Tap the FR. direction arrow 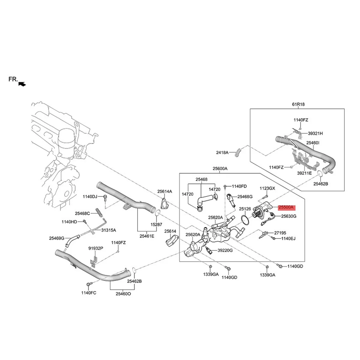[x=22, y=84]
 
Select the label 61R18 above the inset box [x=298, y=104]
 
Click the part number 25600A [x=220, y=169]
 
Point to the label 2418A [x=222, y=152]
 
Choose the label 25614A [x=165, y=191]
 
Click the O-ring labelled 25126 [x=245, y=220]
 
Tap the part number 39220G [x=225, y=250]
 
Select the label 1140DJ [x=90, y=196]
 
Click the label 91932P [x=96, y=248]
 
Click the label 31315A [x=108, y=230]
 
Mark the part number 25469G [x=57, y=238]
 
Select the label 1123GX [x=267, y=188]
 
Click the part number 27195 [x=280, y=232]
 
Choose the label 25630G [x=289, y=216]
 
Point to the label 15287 [x=156, y=224]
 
